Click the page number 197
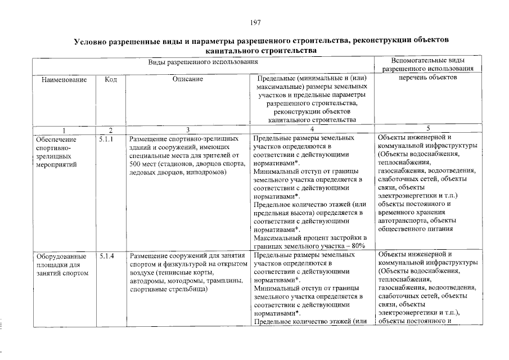coord(255,22)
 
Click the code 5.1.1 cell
coord(105,138)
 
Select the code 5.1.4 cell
coord(105,256)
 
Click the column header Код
coord(111,80)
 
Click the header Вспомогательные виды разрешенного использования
coord(427,64)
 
